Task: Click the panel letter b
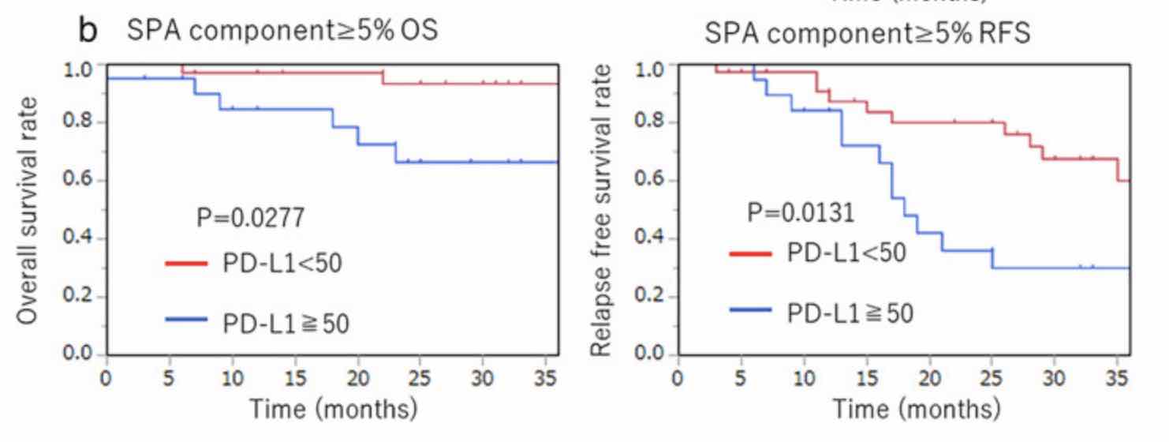(88, 30)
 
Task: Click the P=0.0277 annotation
(250, 218)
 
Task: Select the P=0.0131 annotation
(801, 213)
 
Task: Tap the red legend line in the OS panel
(186, 263)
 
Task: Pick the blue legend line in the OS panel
(186, 320)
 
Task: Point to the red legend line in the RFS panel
(750, 253)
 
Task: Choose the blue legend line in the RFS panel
(750, 310)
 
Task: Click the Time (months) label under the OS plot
(333, 411)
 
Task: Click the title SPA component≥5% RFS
(867, 36)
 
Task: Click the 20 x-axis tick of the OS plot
(358, 377)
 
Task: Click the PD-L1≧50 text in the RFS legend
(850, 313)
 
